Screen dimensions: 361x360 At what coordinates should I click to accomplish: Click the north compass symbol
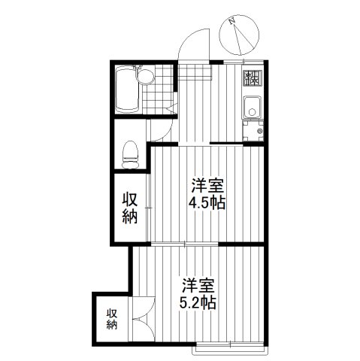pyautogui.click(x=243, y=33)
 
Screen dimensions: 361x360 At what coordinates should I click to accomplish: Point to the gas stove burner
pyautogui.click(x=251, y=77)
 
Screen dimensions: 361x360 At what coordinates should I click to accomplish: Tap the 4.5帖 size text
pyautogui.click(x=207, y=202)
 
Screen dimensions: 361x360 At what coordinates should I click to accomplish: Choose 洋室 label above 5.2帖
pyautogui.click(x=199, y=285)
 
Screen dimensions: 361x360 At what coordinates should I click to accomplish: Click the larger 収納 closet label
pyautogui.click(x=129, y=208)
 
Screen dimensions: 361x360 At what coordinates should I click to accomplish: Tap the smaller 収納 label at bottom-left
pyautogui.click(x=111, y=319)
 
